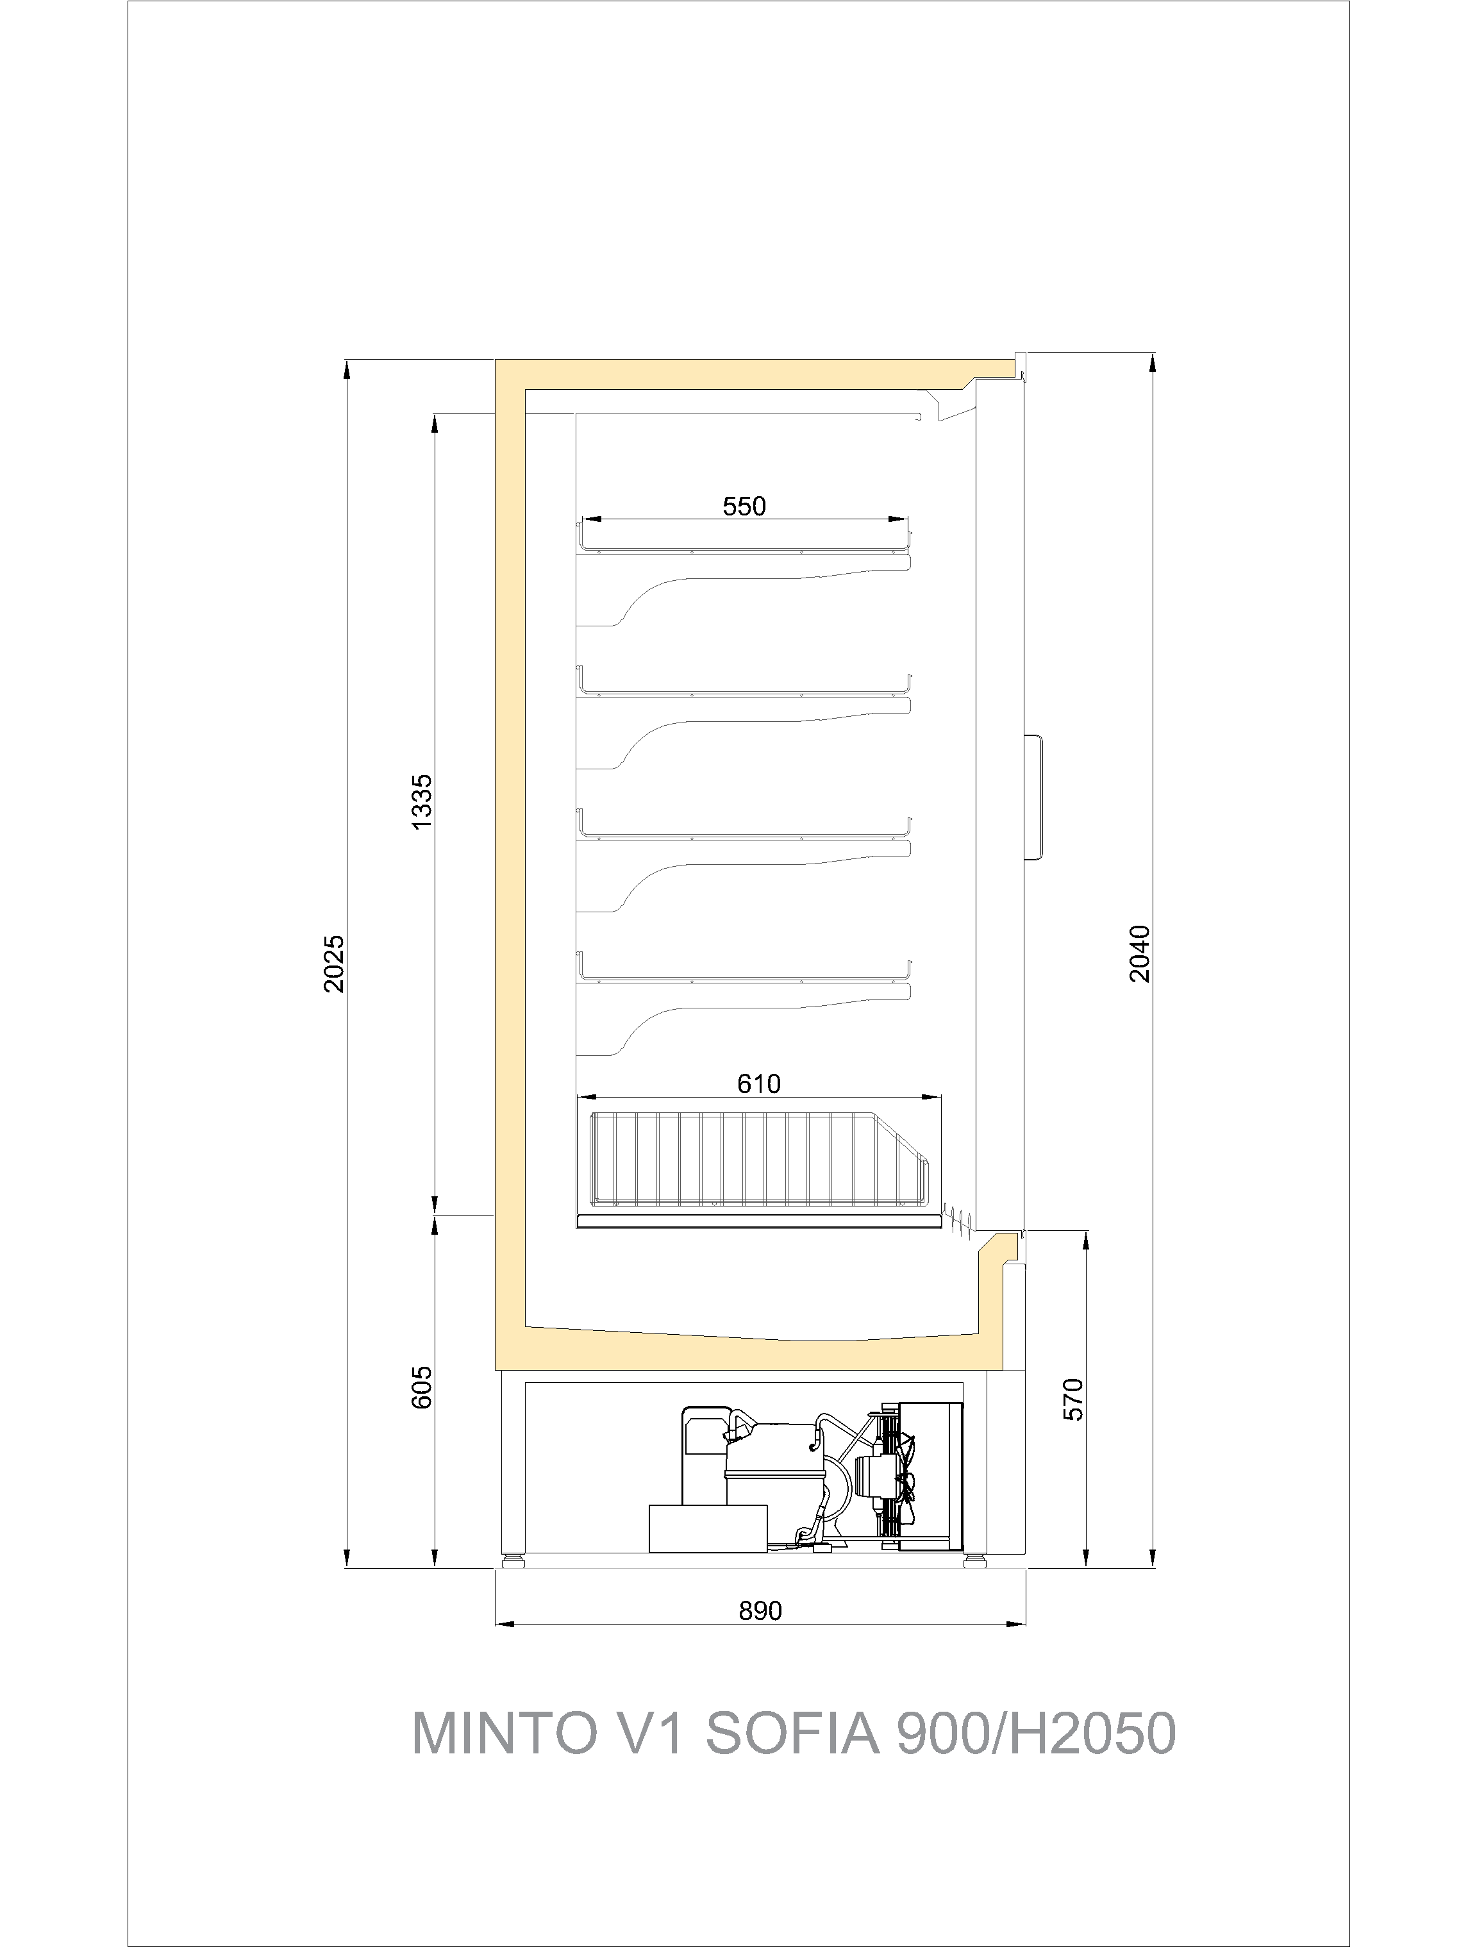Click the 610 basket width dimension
pyautogui.click(x=759, y=1083)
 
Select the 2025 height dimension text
pyautogui.click(x=335, y=964)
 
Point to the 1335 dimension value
pyautogui.click(x=422, y=801)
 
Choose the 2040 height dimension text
pyautogui.click(x=1140, y=954)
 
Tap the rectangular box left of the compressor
pyautogui.click(x=708, y=1528)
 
